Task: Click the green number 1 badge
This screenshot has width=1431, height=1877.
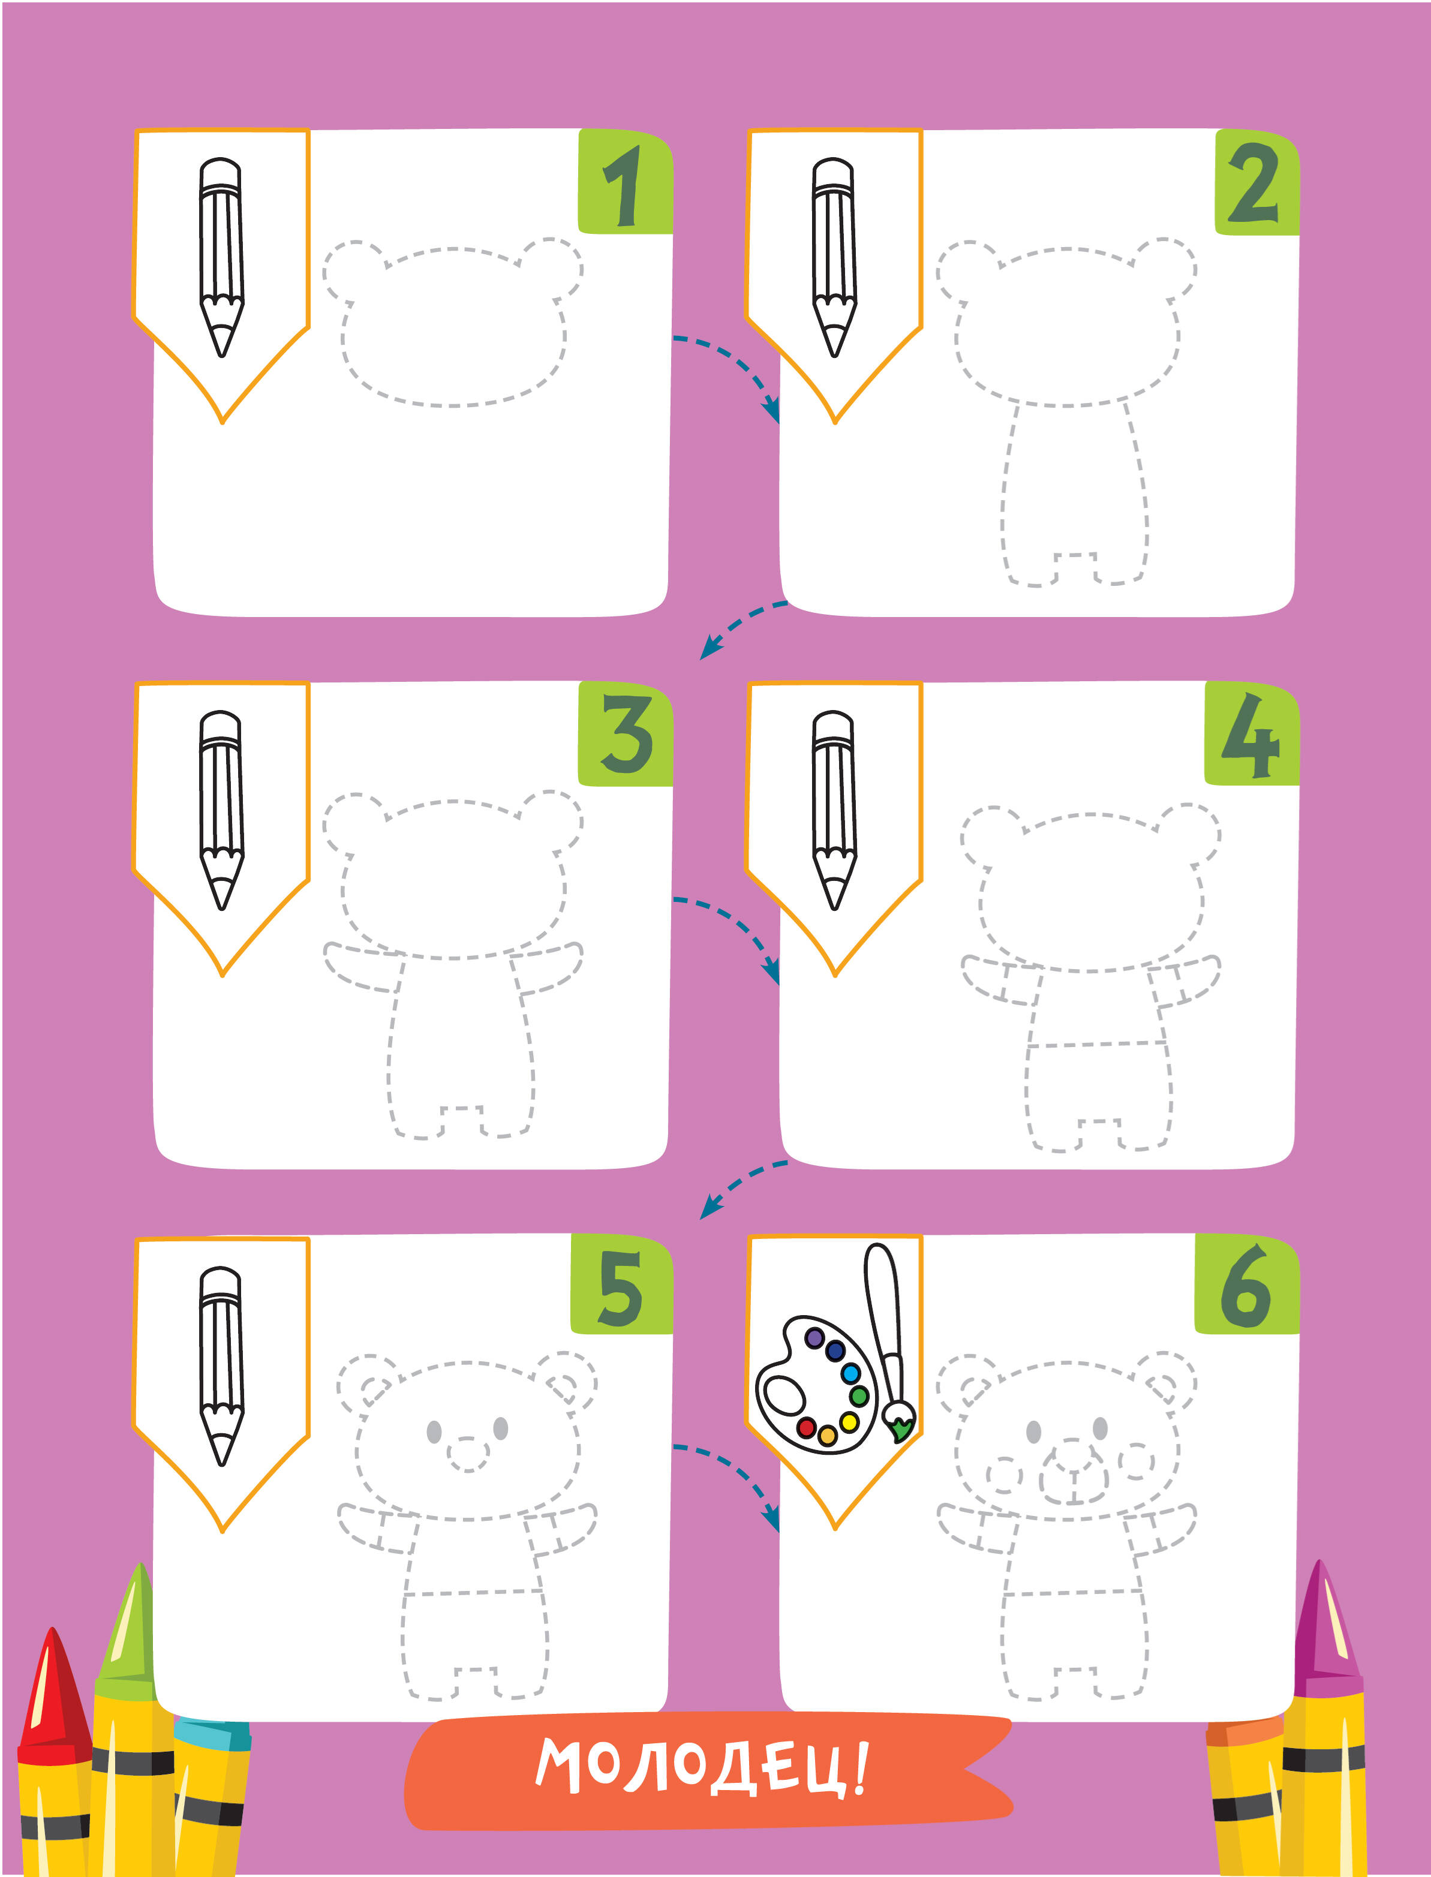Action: coord(625,181)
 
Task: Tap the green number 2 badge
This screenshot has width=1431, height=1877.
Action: coord(1256,182)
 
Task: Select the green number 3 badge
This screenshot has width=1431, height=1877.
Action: coord(625,733)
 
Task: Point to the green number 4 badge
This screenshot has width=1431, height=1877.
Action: coord(1251,733)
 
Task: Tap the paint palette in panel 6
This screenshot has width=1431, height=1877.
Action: coord(816,1384)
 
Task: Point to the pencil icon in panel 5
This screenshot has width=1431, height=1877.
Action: coord(221,1366)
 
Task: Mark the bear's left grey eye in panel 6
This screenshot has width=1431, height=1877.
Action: coord(1034,1431)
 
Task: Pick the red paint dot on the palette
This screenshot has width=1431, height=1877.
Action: coord(806,1427)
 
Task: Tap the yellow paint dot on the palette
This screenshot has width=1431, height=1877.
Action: coord(849,1421)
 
